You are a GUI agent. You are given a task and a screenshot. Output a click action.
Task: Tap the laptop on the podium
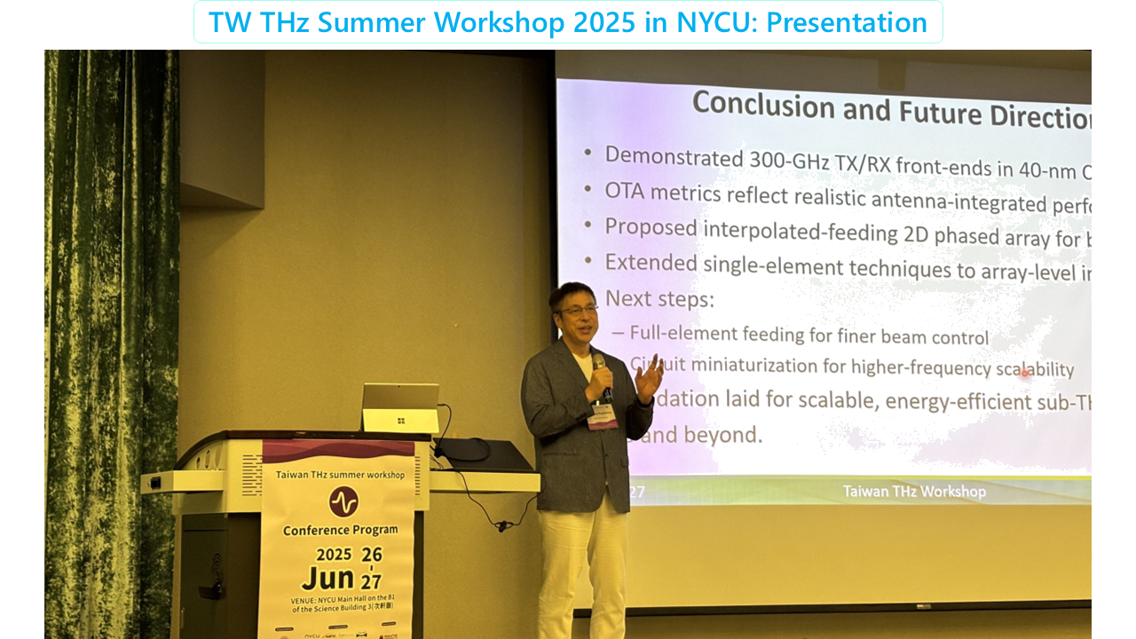point(400,407)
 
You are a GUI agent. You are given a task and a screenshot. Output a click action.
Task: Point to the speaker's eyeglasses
point(577,310)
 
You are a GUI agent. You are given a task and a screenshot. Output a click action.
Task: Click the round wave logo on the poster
point(343,501)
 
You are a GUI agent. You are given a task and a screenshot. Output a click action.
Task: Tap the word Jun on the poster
point(328,578)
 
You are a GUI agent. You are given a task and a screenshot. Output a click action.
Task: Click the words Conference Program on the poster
point(340,530)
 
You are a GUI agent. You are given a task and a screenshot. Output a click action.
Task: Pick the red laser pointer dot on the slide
point(1025,374)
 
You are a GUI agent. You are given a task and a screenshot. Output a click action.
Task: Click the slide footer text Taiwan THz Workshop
point(913,491)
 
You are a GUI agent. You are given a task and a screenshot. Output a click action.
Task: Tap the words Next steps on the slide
point(659,299)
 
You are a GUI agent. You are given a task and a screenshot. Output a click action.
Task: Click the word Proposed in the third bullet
point(651,227)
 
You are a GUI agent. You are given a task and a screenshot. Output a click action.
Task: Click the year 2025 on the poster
point(335,555)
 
